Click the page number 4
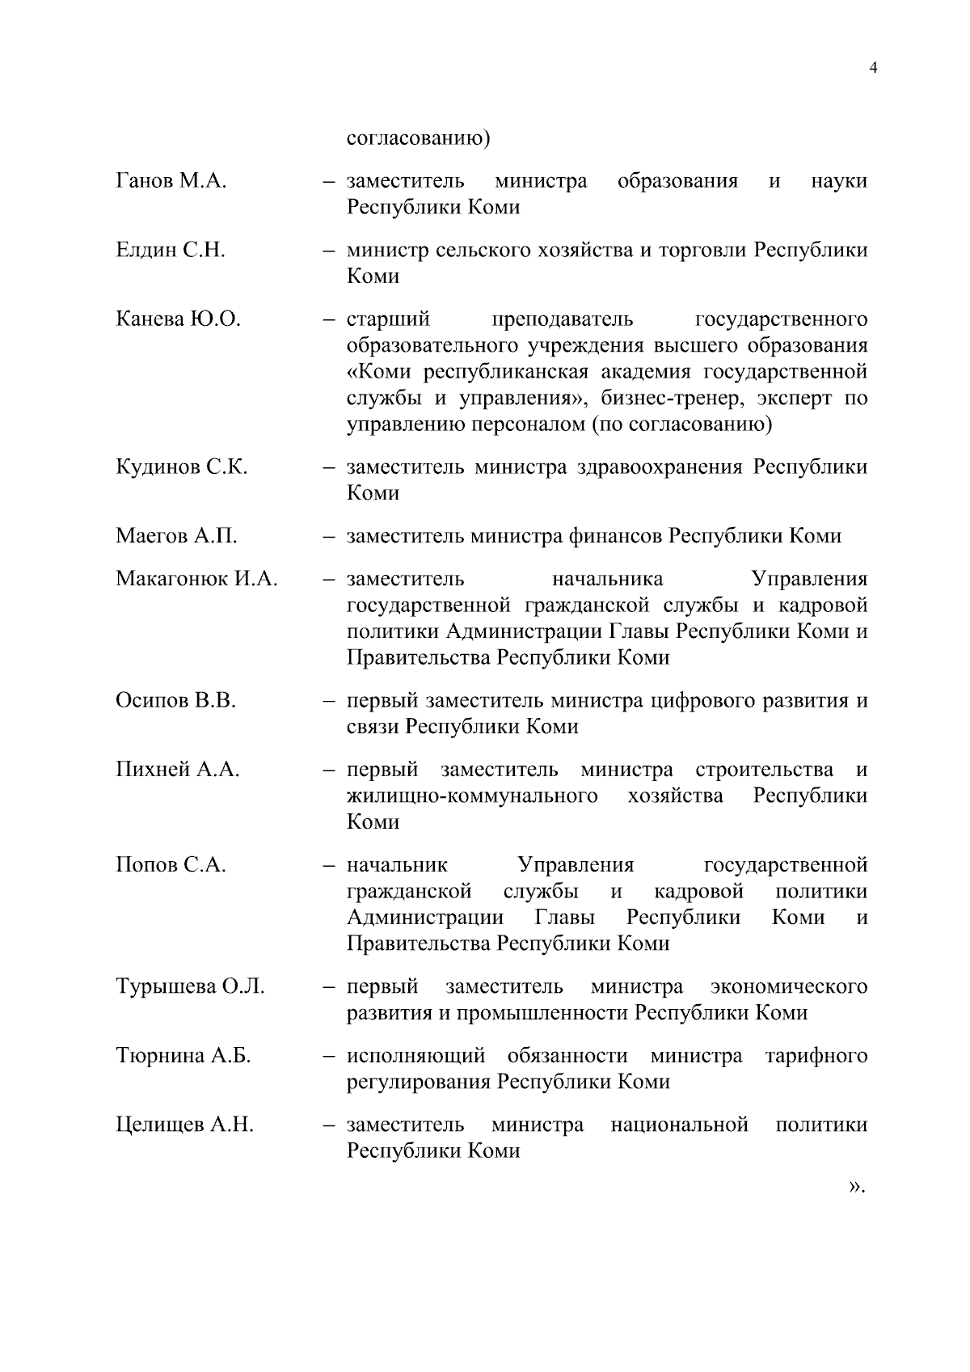[x=872, y=68]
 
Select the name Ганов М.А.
[x=171, y=181]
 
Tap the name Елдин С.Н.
[x=170, y=251]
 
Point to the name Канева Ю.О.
[x=178, y=319]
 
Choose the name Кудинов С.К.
[x=181, y=467]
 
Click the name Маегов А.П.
[x=176, y=536]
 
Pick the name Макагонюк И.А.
[x=196, y=579]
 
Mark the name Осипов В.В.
[x=175, y=700]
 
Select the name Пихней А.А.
[x=178, y=770]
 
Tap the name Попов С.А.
[x=171, y=865]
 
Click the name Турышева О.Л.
[x=190, y=987]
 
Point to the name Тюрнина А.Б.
[x=183, y=1056]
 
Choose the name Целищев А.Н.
[x=184, y=1125]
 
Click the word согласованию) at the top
[x=418, y=138]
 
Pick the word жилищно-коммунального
[x=472, y=796]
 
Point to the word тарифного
[x=816, y=1056]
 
